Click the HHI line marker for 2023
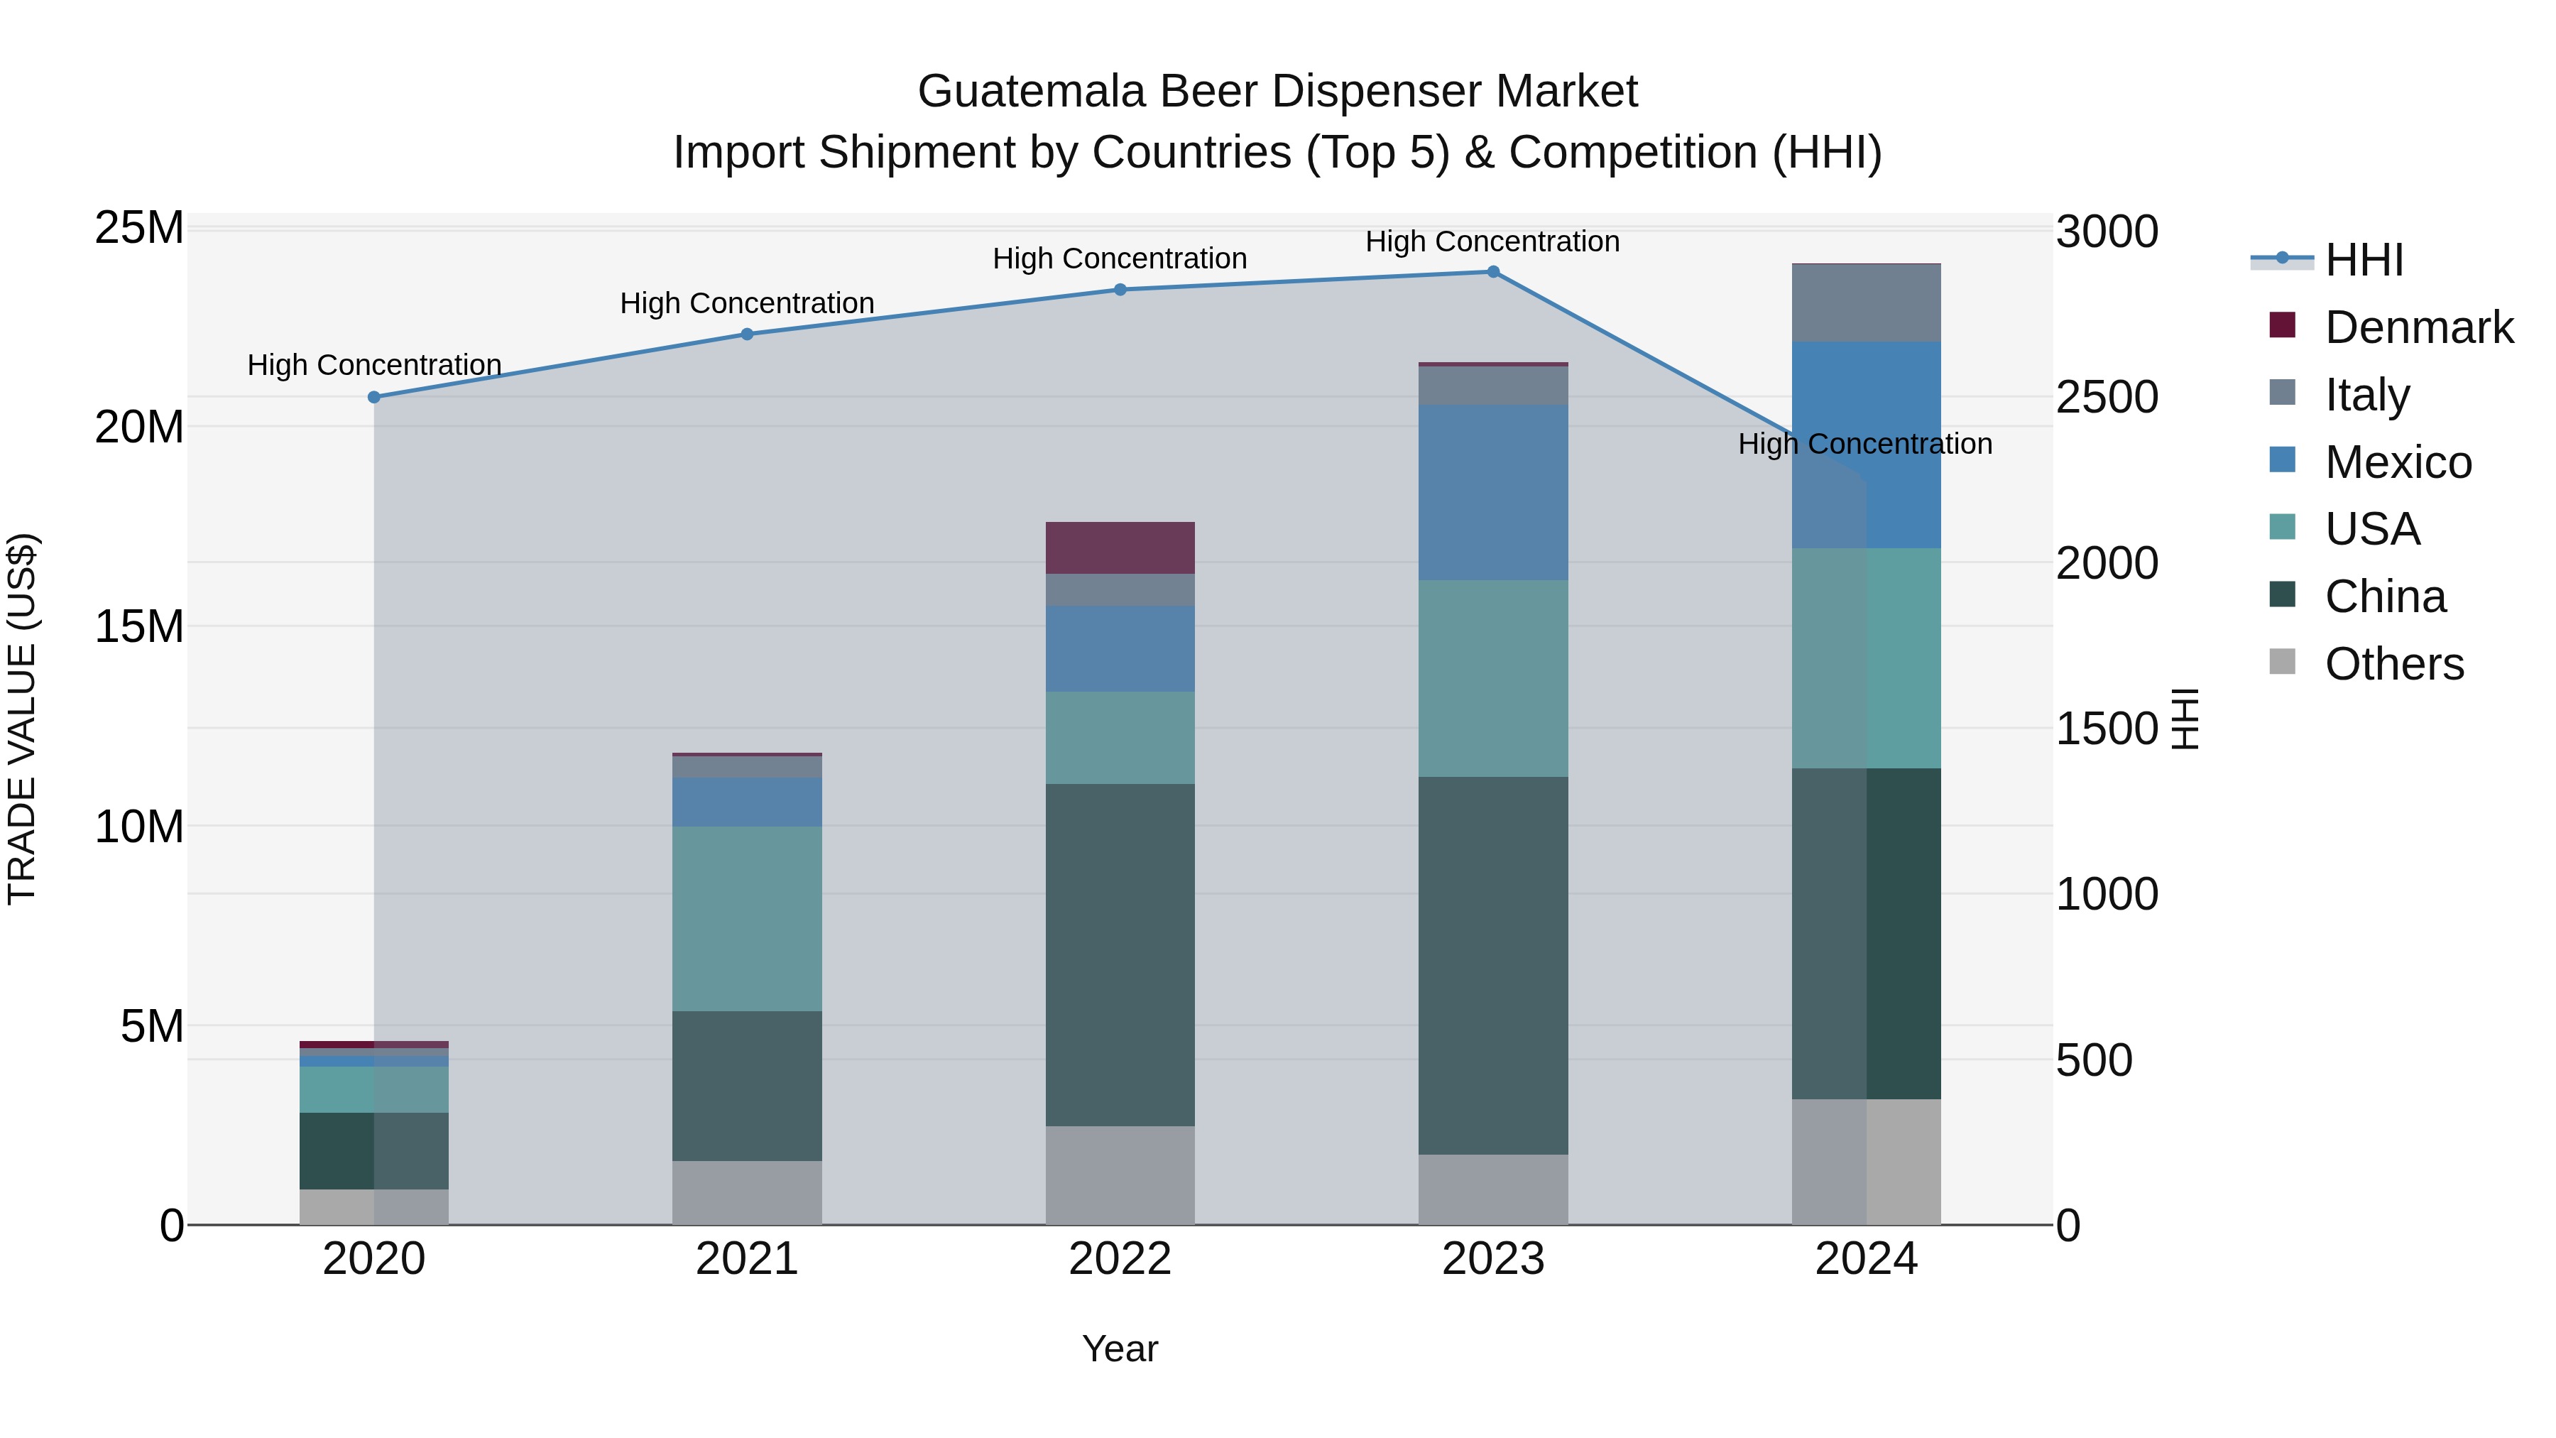1492,272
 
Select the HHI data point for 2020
374,397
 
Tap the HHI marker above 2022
1120,290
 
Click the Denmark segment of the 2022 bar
1120,548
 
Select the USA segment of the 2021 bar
747,918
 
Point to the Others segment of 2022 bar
1120,1175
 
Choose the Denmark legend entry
2418,327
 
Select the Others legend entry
2393,664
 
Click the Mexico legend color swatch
2282,460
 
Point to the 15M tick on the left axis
139,627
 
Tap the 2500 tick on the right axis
2107,398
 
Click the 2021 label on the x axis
747,1259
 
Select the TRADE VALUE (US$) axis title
22,719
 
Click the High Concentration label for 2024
1864,444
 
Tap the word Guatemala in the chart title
1032,92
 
